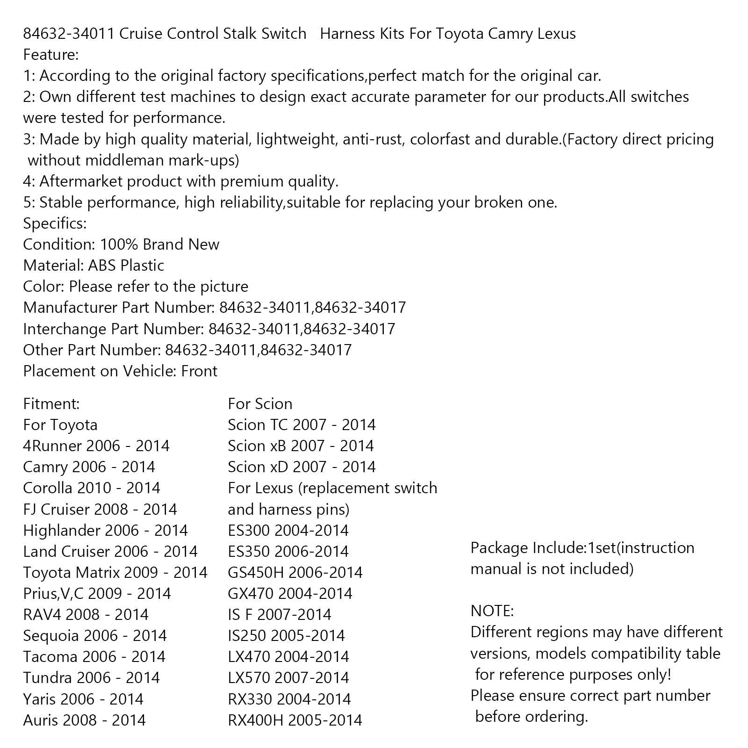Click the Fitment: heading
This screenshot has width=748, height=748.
(51, 404)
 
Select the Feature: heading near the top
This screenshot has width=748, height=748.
(51, 55)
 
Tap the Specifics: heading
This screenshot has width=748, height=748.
(55, 223)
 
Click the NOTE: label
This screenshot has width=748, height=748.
(492, 611)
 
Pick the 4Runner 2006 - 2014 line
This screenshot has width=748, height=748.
(96, 446)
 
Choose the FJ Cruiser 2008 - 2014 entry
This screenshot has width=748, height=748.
(100, 509)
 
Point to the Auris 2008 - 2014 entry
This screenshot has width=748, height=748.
(84, 720)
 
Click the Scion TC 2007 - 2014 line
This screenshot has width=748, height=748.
(302, 425)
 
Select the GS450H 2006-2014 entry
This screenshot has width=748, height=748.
(295, 573)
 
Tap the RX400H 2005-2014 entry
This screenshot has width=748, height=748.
(295, 720)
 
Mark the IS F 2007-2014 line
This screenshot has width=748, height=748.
(279, 615)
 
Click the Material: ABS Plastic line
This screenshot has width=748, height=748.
(93, 266)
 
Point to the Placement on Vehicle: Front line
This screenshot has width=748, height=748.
(120, 371)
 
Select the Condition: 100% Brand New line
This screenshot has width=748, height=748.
(121, 245)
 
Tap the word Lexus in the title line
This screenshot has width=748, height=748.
(556, 34)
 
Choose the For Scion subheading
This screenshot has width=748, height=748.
(260, 404)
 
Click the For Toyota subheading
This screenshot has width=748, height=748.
(60, 425)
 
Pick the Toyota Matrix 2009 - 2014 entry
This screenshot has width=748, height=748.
(115, 573)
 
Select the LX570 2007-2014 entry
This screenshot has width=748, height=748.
(288, 678)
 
